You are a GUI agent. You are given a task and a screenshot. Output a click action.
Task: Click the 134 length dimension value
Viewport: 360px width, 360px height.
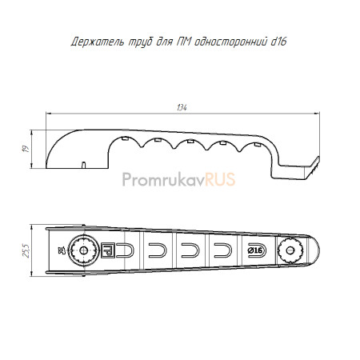(x=182, y=107)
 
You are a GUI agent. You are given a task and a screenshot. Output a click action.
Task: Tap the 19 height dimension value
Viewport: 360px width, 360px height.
(x=26, y=149)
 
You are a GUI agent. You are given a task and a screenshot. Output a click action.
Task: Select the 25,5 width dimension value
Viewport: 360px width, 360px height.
(x=26, y=250)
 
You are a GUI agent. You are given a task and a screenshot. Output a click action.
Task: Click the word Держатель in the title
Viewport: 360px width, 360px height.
(x=98, y=42)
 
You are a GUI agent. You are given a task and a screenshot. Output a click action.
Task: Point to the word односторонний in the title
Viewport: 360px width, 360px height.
(x=230, y=42)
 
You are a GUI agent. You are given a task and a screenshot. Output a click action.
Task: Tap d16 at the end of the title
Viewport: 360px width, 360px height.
(x=278, y=42)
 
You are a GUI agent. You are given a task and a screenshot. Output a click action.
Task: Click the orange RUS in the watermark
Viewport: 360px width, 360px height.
(x=220, y=179)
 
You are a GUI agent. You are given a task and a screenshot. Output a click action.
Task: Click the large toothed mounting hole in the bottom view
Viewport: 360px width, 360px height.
(x=83, y=250)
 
